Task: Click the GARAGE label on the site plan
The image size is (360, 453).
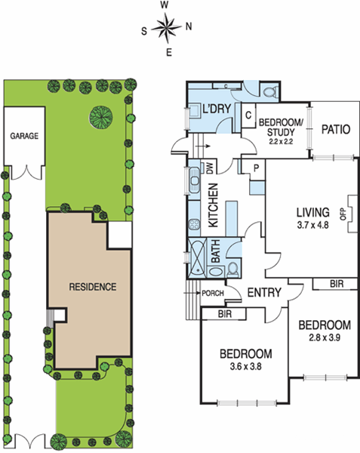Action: coord(24,137)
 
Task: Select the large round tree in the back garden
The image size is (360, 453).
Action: coord(101,116)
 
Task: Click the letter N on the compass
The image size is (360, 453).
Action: coord(189,26)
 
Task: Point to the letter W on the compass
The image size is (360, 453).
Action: coord(165,5)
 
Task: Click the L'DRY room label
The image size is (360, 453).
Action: coord(215,110)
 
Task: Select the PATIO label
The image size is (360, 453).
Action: coord(335,129)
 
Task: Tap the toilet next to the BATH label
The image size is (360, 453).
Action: coord(233,268)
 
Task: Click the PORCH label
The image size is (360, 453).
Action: coord(210,294)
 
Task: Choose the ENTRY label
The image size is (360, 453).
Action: coord(263,293)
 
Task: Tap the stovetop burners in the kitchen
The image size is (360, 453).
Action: coord(193,223)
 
